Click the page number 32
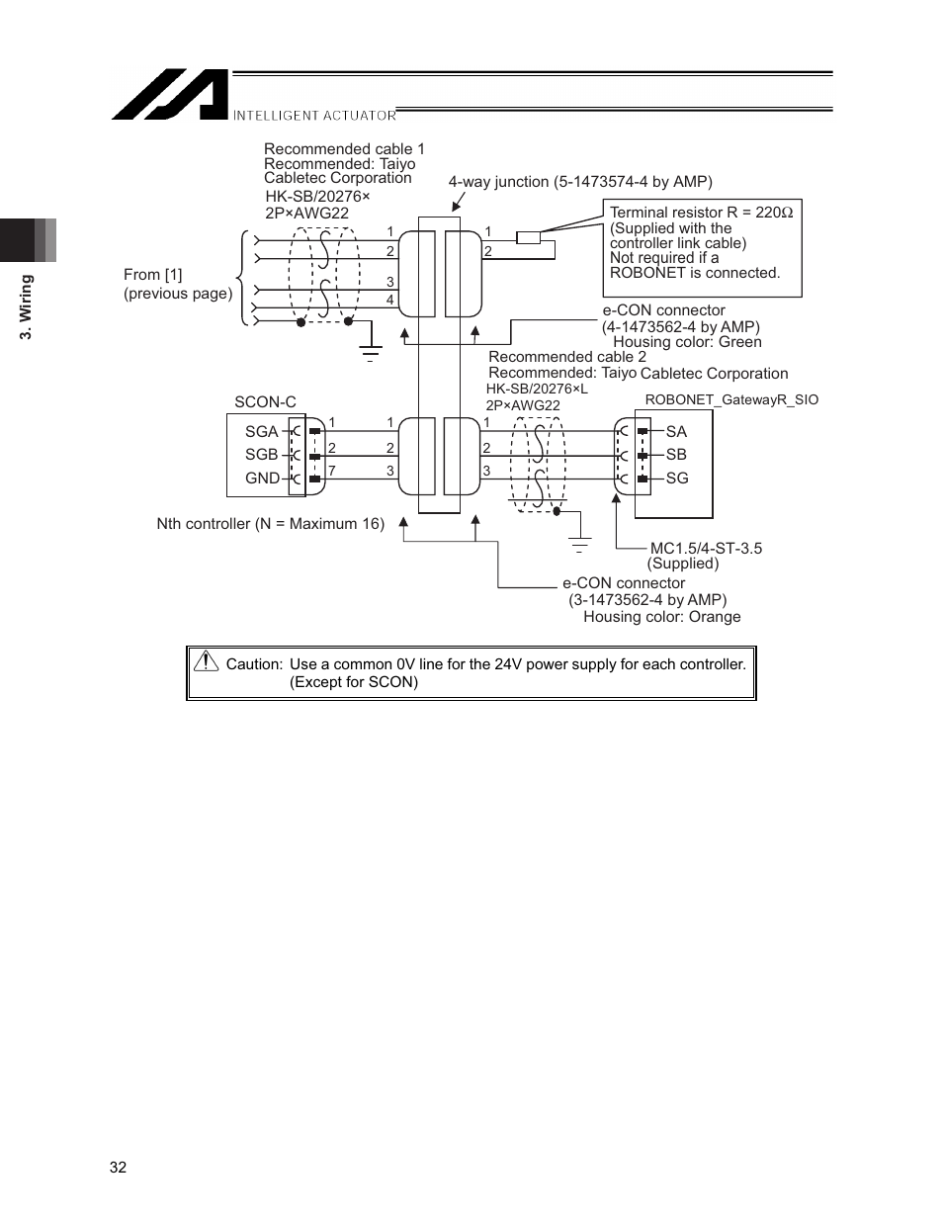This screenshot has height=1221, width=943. click(x=118, y=1168)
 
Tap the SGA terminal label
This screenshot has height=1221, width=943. click(x=261, y=431)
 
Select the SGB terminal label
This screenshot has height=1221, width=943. click(x=261, y=455)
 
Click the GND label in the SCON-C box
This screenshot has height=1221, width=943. click(x=262, y=479)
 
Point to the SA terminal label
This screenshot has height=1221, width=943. click(x=676, y=431)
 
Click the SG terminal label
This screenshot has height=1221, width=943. click(x=676, y=479)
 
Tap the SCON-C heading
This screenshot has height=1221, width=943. click(x=265, y=402)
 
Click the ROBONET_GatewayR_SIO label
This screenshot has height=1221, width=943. click(x=731, y=400)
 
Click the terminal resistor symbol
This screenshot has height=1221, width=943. click(x=529, y=237)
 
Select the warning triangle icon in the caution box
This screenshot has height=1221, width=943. click(x=206, y=662)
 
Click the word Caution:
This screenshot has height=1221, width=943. click(x=254, y=664)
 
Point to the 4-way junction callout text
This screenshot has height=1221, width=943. click(x=580, y=182)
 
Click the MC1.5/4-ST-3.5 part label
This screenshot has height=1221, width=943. click(x=706, y=549)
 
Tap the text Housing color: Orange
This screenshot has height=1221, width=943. click(x=661, y=617)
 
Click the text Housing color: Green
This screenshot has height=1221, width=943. click(x=687, y=342)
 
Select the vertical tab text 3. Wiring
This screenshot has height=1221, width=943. click(x=28, y=306)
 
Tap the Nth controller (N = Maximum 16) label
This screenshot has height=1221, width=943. click(x=270, y=524)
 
